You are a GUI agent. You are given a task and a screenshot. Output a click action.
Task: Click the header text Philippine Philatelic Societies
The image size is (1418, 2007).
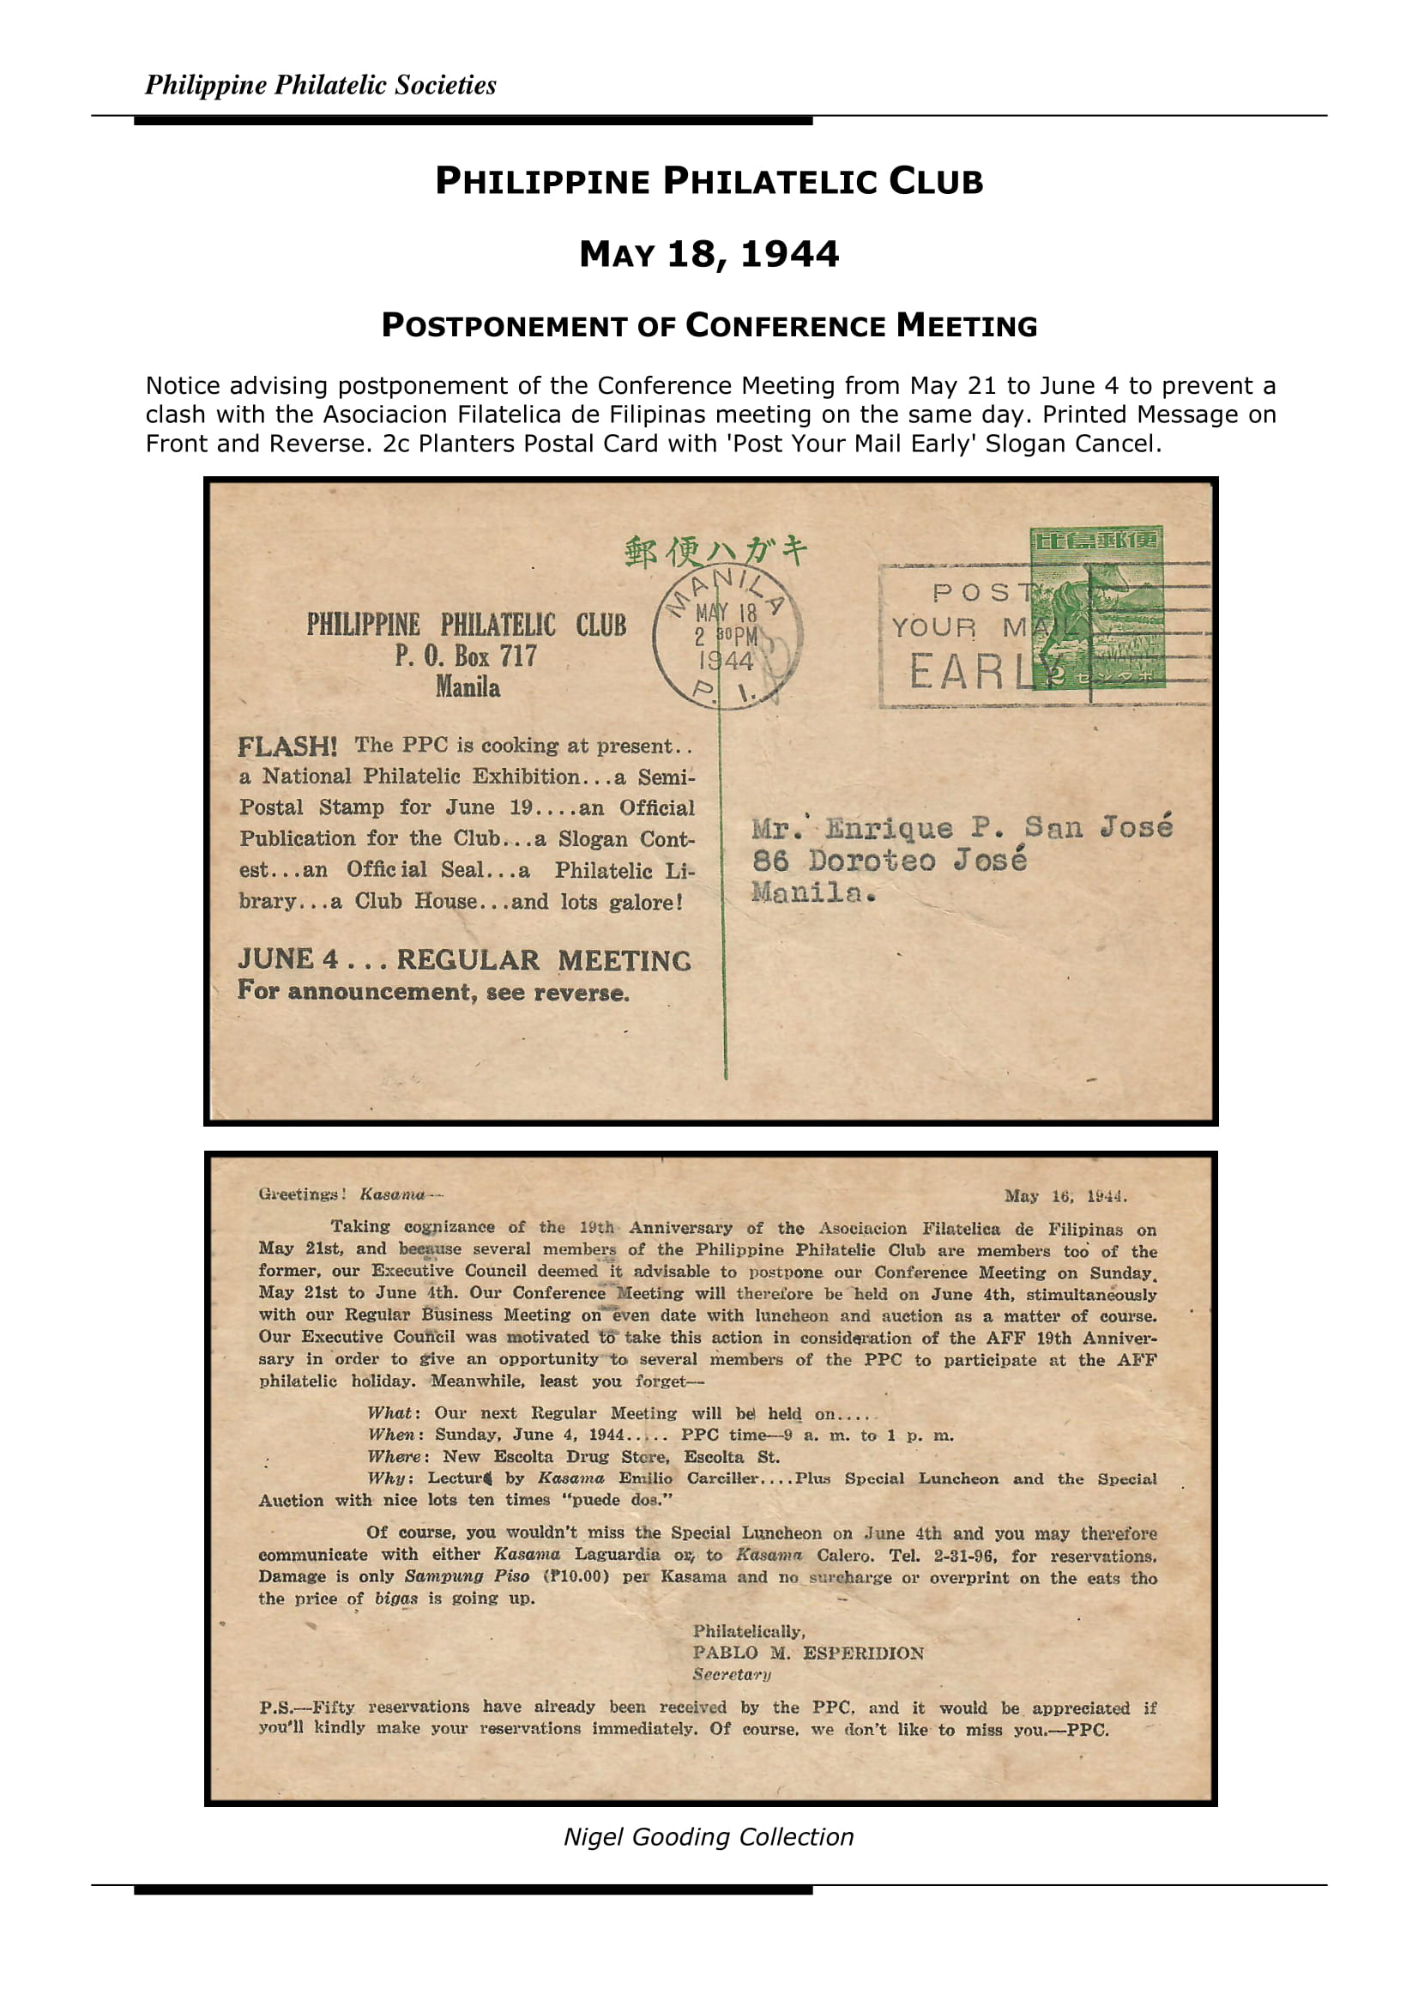[320, 85]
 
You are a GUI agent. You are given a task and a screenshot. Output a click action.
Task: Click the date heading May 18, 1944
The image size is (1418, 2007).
[709, 254]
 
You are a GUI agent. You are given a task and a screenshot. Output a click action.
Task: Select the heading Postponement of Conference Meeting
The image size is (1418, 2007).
[709, 326]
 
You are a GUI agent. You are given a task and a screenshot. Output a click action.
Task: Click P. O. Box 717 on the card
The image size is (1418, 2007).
[466, 656]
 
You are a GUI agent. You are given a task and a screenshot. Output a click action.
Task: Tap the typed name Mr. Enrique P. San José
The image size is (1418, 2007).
[961, 827]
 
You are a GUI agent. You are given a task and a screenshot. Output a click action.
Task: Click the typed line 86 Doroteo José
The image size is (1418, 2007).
[890, 861]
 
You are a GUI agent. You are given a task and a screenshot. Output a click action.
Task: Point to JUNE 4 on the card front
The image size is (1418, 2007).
[288, 959]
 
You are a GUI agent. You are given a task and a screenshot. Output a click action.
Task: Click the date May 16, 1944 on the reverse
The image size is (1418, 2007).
[1065, 1196]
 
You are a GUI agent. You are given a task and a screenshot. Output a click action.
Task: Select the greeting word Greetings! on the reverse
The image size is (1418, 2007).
[302, 1194]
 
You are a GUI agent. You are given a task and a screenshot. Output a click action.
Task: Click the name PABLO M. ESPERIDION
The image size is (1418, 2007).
[808, 1653]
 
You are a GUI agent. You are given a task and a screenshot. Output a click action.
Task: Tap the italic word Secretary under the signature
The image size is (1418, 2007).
[731, 1674]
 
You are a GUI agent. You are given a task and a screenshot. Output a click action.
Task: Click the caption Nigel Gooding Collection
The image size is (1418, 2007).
[709, 1836]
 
